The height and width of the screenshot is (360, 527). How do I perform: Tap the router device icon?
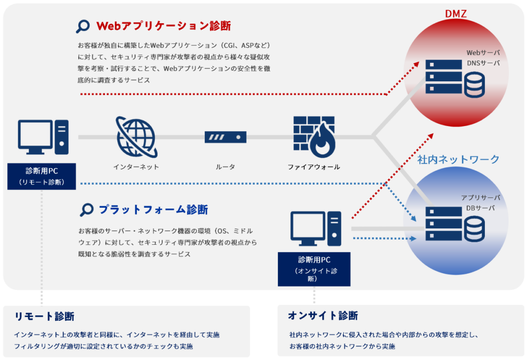(x=225, y=137)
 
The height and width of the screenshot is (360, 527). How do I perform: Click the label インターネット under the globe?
(x=136, y=167)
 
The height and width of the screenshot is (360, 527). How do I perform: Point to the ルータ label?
(x=225, y=167)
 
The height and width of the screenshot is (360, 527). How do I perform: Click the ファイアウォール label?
(x=314, y=167)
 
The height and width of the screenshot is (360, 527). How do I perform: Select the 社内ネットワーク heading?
(x=458, y=159)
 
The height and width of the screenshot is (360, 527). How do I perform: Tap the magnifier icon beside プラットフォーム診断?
(x=87, y=209)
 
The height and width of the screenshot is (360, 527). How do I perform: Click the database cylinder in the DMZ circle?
(x=475, y=84)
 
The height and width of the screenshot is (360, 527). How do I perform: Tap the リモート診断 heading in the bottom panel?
(x=45, y=316)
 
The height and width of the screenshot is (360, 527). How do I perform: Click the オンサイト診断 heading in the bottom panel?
(x=323, y=315)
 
